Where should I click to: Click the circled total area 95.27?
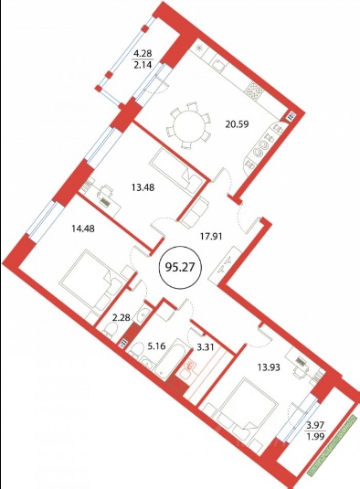[181, 267]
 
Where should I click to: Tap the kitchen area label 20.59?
[237, 124]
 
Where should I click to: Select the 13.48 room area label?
[143, 187]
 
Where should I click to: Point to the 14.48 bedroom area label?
[83, 229]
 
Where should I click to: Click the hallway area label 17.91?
[210, 237]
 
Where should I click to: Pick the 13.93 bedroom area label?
[268, 367]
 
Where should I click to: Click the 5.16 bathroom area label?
[156, 346]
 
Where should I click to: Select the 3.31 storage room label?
[206, 346]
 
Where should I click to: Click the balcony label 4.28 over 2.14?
[143, 58]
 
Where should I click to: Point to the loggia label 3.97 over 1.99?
[316, 430]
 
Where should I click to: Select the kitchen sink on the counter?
[219, 64]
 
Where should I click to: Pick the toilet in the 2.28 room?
[110, 329]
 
